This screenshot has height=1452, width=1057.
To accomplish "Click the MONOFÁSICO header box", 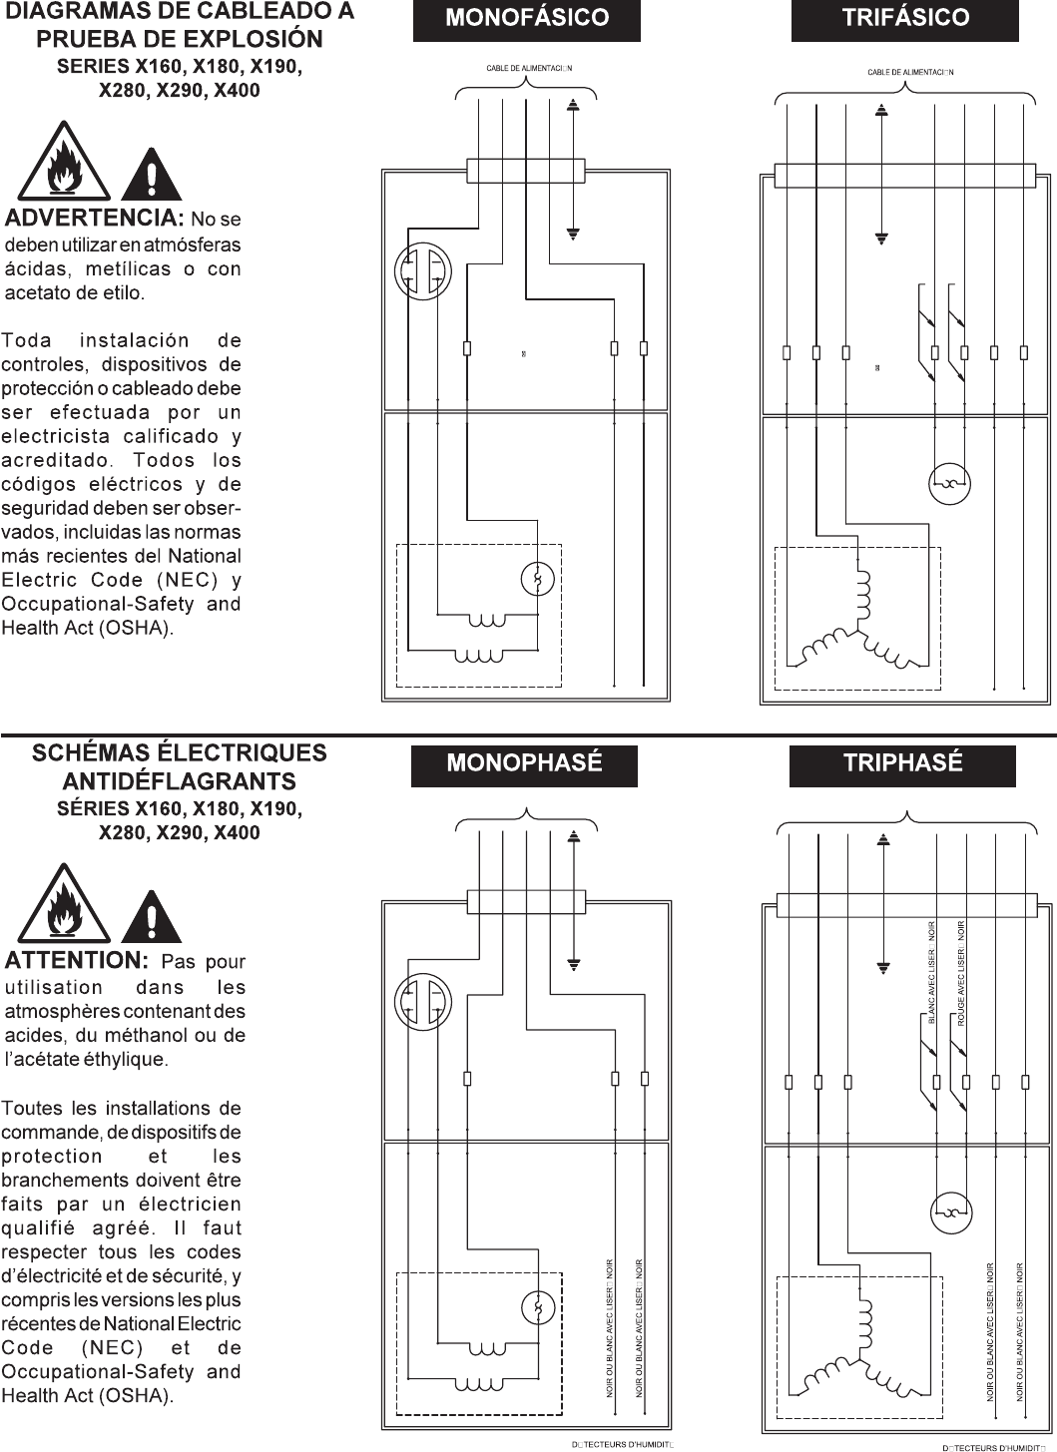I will (526, 18).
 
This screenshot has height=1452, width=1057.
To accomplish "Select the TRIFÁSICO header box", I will (904, 18).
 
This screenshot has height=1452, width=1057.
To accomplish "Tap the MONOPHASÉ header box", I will (524, 763).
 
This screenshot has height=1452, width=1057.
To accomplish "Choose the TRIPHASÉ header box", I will (902, 763).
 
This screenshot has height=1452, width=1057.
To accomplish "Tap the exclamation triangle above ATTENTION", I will (151, 913).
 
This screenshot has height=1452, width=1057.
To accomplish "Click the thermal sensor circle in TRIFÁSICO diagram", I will (948, 484).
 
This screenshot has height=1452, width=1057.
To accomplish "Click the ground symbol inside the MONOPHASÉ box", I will (573, 964).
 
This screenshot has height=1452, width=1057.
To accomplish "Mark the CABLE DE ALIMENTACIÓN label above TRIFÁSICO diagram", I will (910, 72).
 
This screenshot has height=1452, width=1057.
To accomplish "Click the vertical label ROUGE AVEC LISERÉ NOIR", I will (960, 973).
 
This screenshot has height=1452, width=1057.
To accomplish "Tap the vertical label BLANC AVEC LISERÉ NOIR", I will (931, 973).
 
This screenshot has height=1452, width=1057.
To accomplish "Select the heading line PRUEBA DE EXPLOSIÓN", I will (179, 39).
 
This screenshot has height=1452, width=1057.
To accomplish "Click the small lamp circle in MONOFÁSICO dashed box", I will (537, 580).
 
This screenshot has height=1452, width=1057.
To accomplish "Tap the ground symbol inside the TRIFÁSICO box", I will (880, 240).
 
